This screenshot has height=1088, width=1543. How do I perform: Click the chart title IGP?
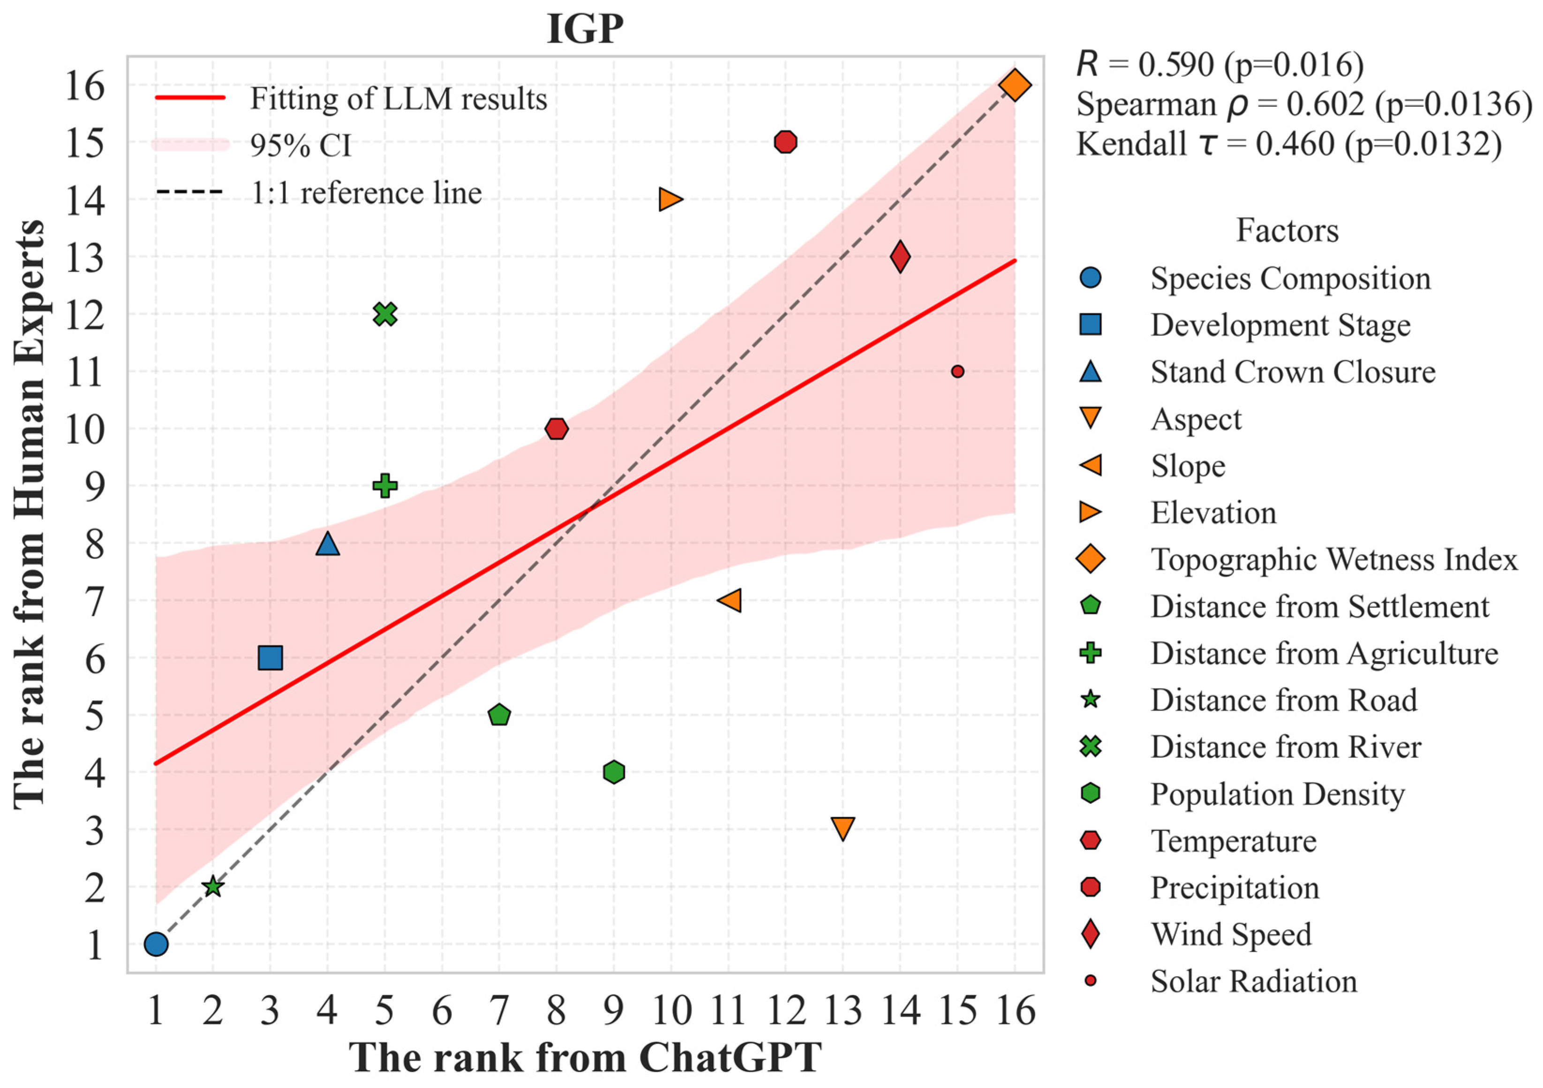point(585,30)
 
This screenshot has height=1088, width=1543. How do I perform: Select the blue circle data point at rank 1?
point(156,944)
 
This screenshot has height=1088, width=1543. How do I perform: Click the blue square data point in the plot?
point(270,658)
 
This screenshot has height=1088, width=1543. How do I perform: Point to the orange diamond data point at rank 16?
point(1015,85)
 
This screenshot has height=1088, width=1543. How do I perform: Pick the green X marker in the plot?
point(385,314)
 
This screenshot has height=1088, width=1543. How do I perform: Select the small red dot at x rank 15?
point(958,371)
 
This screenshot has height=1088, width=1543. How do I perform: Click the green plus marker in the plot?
point(385,486)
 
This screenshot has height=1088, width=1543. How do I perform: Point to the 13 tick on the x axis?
point(843,1011)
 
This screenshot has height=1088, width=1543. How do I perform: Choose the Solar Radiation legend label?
point(1253,981)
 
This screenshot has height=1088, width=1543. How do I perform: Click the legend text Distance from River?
point(1286,747)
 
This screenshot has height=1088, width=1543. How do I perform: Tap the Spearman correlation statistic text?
point(1304,104)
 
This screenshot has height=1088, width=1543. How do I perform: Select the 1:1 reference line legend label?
point(366,193)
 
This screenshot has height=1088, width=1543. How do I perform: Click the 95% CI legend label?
point(301,145)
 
